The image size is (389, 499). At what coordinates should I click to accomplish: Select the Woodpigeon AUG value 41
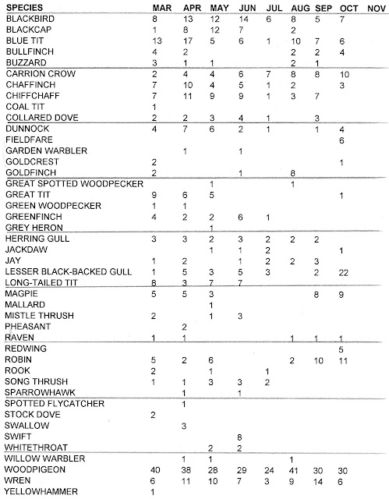[293, 469]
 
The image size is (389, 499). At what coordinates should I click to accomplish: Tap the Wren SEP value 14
[317, 480]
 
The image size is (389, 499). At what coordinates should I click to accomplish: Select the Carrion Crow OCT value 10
[344, 73]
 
